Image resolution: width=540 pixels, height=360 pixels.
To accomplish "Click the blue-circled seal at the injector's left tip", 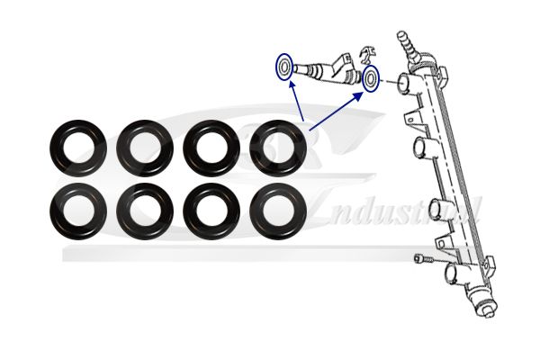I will [x=285, y=67].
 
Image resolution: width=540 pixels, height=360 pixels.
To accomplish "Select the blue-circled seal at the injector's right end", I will [x=370, y=79].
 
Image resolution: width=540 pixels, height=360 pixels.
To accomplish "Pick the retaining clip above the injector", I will [x=366, y=56].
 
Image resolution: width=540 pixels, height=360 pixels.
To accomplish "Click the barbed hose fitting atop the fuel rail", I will [x=404, y=41].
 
